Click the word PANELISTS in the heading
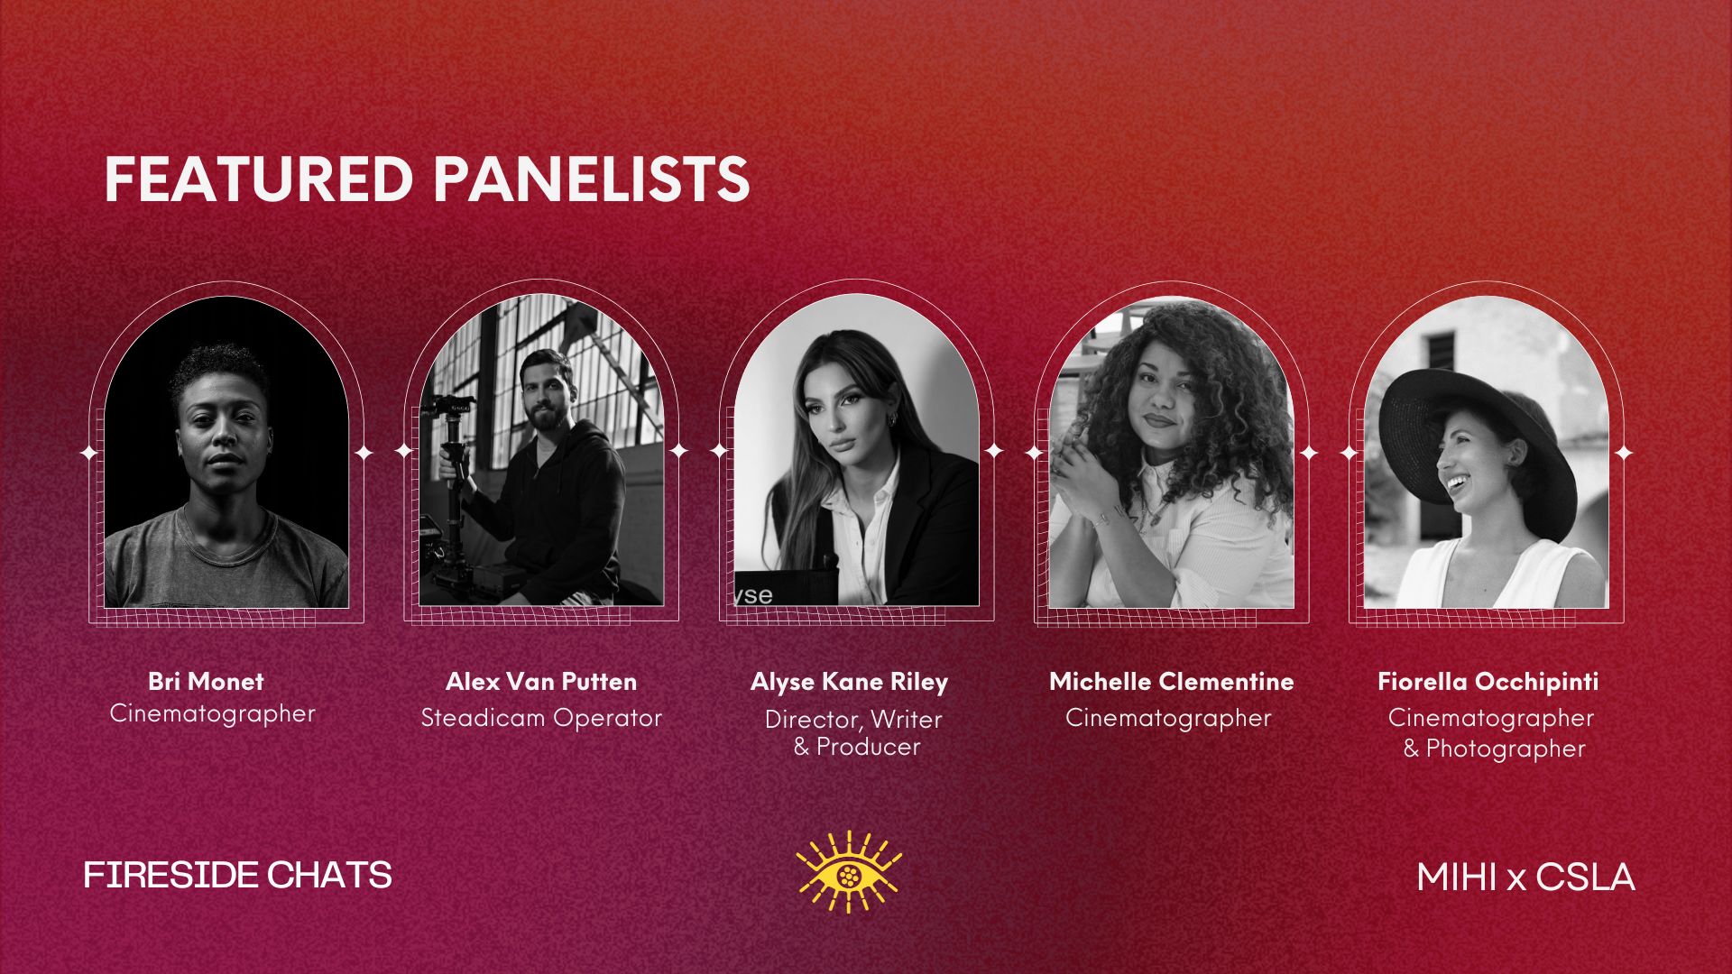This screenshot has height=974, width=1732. pyautogui.click(x=592, y=179)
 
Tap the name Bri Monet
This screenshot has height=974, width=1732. pyautogui.click(x=206, y=681)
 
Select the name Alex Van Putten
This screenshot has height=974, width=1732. pyautogui.click(x=541, y=681)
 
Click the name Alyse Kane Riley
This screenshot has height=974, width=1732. pyautogui.click(x=849, y=683)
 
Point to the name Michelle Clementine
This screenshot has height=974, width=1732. pyautogui.click(x=1171, y=681)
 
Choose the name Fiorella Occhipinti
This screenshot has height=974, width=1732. pyautogui.click(x=1488, y=683)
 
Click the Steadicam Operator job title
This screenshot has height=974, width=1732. pyautogui.click(x=541, y=719)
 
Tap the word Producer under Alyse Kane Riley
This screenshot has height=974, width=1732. pyautogui.click(x=868, y=747)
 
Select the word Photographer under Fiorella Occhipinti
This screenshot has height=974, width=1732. pyautogui.click(x=1506, y=749)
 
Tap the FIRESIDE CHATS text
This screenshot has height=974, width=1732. pyautogui.click(x=238, y=875)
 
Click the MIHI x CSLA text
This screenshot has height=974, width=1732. pyautogui.click(x=1525, y=877)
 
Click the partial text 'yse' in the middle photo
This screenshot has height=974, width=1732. pyautogui.click(x=752, y=594)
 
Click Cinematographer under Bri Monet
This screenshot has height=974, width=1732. pyautogui.click(x=213, y=714)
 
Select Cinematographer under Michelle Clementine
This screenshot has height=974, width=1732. pyautogui.click(x=1168, y=719)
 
